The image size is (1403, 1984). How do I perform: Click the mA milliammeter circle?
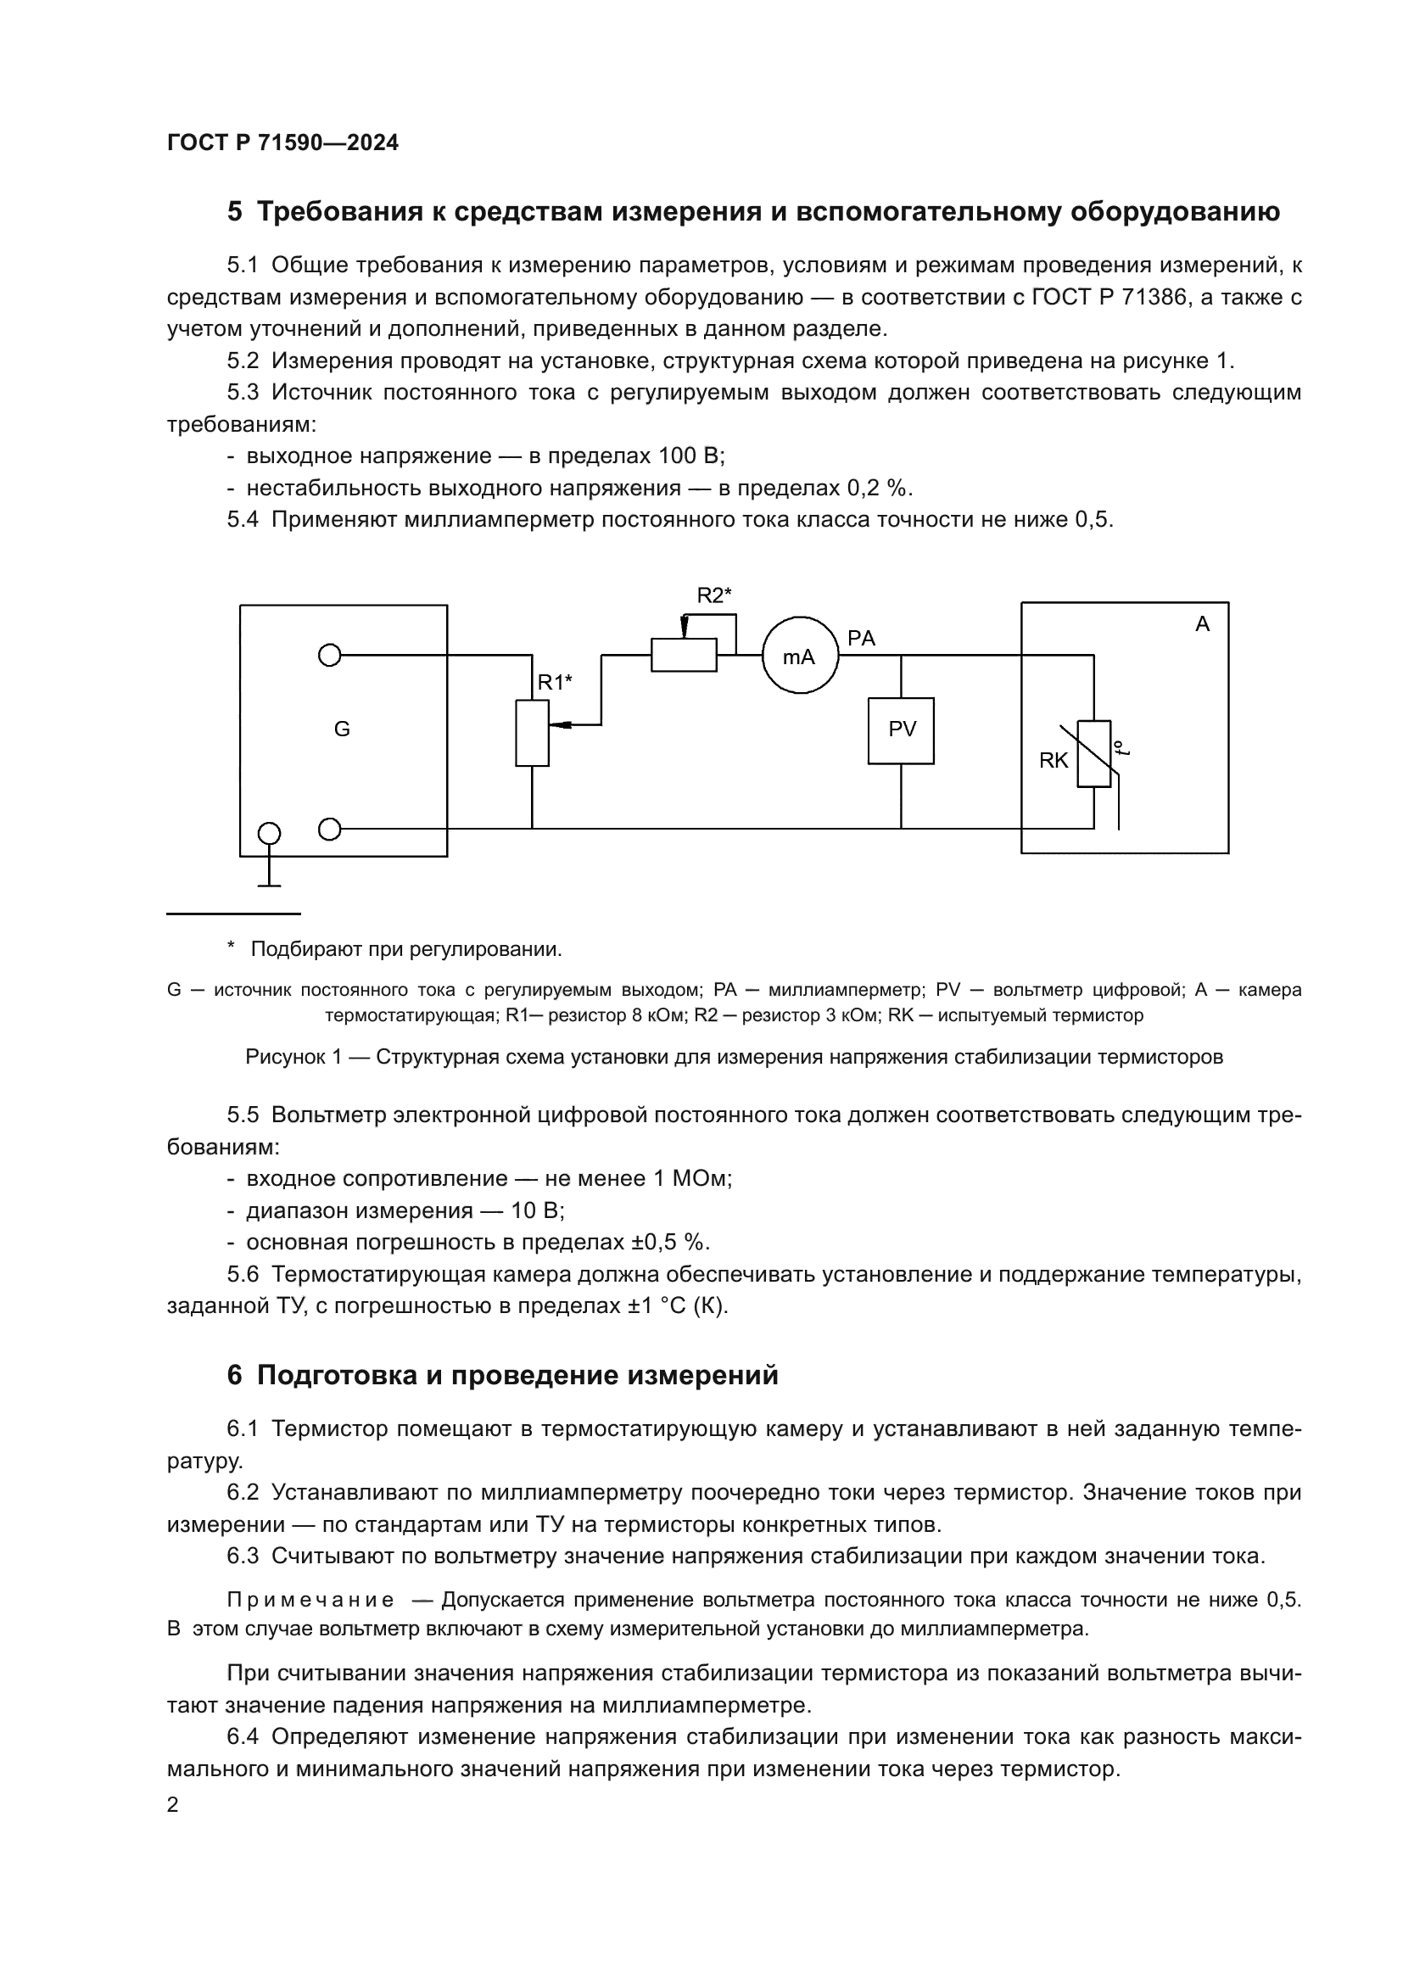pyautogui.click(x=800, y=656)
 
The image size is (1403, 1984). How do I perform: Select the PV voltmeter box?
pyautogui.click(x=901, y=730)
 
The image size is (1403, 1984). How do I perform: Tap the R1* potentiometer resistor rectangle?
pyautogui.click(x=532, y=733)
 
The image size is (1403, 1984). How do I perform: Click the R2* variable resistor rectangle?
pyautogui.click(x=684, y=655)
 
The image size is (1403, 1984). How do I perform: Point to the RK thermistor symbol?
pyautogui.click(x=1093, y=753)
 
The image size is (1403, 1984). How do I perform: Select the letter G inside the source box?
pyautogui.click(x=342, y=729)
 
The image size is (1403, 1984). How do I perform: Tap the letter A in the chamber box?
pyautogui.click(x=1202, y=624)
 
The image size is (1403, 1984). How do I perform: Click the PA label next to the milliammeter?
pyautogui.click(x=861, y=639)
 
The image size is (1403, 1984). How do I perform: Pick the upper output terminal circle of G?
pyautogui.click(x=329, y=656)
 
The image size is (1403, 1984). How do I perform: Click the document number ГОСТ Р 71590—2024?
pyautogui.click(x=282, y=143)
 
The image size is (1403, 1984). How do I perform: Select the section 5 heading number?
pyautogui.click(x=234, y=212)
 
